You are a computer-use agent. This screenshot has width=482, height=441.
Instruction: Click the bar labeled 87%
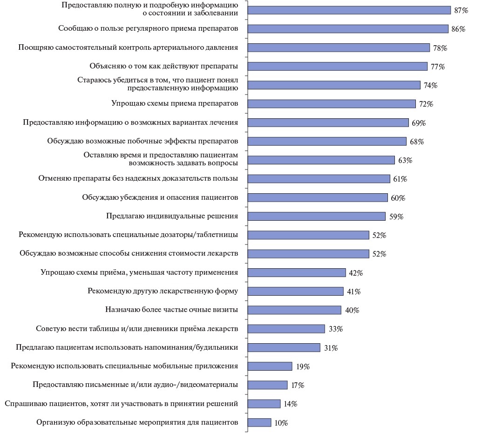pos(349,10)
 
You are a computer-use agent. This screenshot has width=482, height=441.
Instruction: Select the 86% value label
pos(458,29)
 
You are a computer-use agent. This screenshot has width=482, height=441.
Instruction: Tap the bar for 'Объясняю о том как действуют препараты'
pos(337,66)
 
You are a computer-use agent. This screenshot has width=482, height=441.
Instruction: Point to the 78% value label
pos(440,48)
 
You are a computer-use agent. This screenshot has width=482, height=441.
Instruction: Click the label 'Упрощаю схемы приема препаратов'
pos(175,103)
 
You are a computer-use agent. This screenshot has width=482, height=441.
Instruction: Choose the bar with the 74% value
pos(334,85)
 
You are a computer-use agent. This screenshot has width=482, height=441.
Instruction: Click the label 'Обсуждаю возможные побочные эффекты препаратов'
pos(143,141)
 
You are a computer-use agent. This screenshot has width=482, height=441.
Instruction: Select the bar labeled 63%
pos(321,160)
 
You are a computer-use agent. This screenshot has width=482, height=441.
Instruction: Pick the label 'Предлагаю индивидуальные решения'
pos(172,216)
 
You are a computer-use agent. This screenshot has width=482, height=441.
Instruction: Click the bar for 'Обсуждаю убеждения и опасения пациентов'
pos(318,197)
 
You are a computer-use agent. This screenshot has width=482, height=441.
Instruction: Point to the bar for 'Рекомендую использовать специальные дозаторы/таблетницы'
pos(308,235)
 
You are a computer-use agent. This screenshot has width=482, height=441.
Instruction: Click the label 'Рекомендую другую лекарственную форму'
pos(163,291)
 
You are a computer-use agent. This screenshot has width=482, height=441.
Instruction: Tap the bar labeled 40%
pos(294,310)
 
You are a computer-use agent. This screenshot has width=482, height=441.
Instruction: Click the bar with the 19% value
pos(270,366)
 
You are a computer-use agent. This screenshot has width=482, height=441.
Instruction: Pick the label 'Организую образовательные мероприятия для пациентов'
pos(137,422)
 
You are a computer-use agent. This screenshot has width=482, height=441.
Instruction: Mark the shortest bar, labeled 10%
pos(259,422)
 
